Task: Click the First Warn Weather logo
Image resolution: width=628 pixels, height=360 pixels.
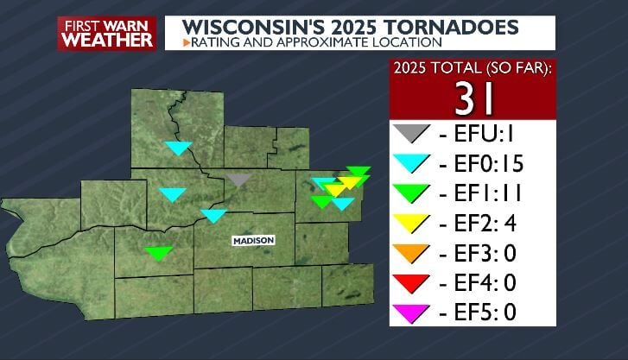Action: pos(106,34)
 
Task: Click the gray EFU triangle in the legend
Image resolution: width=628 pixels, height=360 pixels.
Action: pos(411,134)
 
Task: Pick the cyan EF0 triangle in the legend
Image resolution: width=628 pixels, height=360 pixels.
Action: pos(411,163)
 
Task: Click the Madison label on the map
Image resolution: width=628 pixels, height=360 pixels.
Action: pos(253,240)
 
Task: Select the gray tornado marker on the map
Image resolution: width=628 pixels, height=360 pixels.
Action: pos(239,180)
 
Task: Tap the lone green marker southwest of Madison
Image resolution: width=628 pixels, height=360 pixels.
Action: pos(159,253)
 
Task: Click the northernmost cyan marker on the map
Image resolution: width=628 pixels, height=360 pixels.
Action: pos(179,148)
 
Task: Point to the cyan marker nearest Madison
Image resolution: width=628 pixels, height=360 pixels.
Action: pos(213,215)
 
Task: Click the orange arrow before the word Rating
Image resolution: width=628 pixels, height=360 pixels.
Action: pos(186,41)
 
